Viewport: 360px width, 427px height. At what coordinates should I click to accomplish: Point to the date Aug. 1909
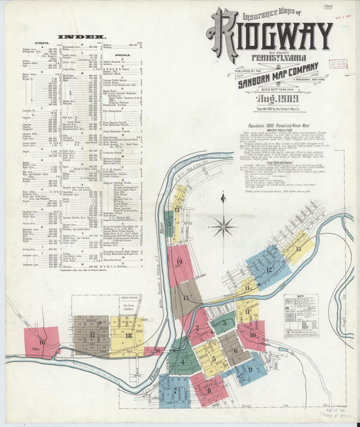pyautogui.click(x=270, y=99)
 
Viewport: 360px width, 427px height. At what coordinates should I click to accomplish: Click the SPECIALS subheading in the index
pyautogui.click(x=122, y=55)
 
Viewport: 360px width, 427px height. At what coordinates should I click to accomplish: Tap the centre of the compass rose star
pyautogui.click(x=223, y=226)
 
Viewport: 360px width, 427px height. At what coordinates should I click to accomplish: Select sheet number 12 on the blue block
pyautogui.click(x=269, y=269)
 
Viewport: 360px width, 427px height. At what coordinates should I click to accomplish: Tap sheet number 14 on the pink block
pyautogui.click(x=179, y=261)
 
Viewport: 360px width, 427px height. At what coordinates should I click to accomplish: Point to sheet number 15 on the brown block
pyautogui.click(x=185, y=297)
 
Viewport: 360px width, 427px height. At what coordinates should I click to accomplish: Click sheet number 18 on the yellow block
pyautogui.click(x=128, y=335)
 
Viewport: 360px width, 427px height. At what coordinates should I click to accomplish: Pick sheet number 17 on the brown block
pyautogui.click(x=92, y=334)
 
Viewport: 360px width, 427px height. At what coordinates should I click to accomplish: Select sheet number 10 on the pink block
pyautogui.click(x=253, y=334)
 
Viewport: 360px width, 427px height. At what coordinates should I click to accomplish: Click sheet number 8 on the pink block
pyautogui.click(x=209, y=390)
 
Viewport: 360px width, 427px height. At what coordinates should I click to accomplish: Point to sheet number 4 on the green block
pyautogui.click(x=182, y=361)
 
